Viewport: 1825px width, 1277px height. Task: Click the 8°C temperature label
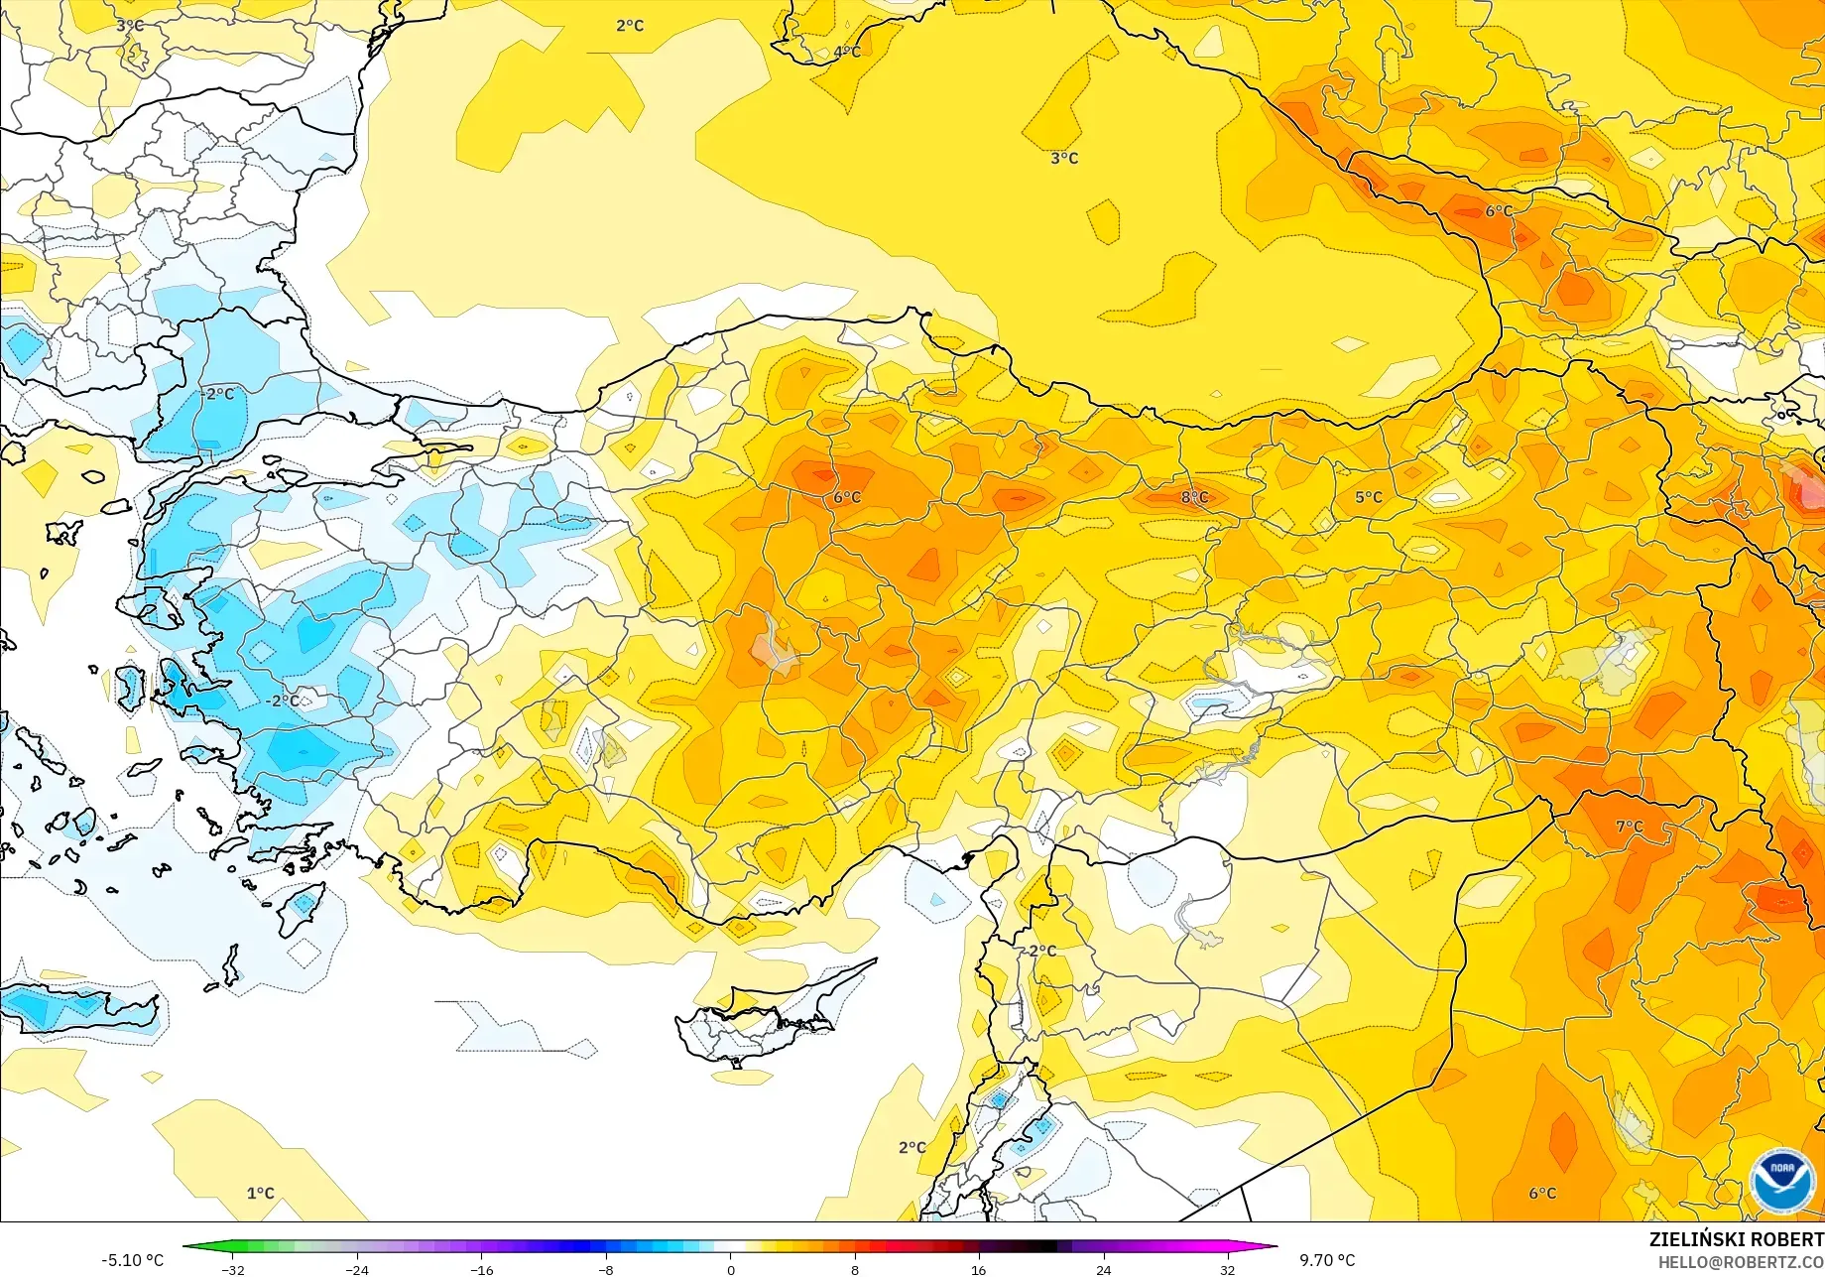point(1194,497)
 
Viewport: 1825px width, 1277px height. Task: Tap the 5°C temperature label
point(1368,497)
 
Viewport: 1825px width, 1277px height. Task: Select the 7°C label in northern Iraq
point(1629,827)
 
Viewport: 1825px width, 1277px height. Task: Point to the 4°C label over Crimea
point(847,52)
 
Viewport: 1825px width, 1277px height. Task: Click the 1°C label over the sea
point(260,1193)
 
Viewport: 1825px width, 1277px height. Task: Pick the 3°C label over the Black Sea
point(1064,158)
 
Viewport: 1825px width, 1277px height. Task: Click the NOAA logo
point(1782,1180)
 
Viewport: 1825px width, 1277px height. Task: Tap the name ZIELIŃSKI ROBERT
point(1736,1239)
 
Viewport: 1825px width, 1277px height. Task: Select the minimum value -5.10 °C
point(132,1260)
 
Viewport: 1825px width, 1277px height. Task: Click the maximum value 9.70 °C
point(1327,1260)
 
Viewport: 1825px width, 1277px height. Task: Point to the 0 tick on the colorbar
point(731,1270)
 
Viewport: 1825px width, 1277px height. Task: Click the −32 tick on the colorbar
point(233,1270)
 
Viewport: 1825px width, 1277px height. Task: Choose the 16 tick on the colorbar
point(979,1270)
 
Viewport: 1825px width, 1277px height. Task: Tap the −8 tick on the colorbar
point(606,1270)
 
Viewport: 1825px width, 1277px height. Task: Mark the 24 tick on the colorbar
point(1103,1270)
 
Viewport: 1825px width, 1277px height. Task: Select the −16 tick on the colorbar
point(482,1270)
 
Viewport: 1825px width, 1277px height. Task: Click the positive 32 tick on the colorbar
point(1227,1270)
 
